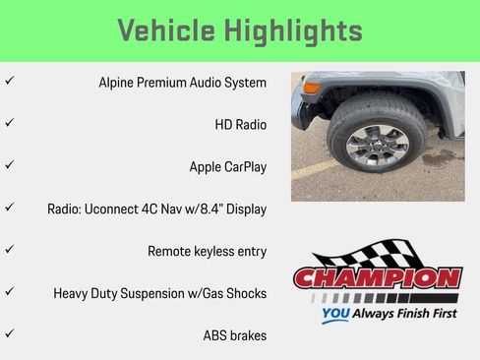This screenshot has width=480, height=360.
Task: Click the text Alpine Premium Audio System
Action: click(182, 83)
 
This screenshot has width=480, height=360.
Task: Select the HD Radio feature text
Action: click(240, 125)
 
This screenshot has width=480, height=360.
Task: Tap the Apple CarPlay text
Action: click(227, 167)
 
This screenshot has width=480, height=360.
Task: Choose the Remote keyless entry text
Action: click(207, 252)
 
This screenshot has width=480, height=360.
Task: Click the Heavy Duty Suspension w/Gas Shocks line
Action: click(159, 293)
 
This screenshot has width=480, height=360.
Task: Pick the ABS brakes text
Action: click(234, 335)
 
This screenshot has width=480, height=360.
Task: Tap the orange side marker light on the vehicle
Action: click(312, 89)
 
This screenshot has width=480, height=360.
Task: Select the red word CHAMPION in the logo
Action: click(377, 278)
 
